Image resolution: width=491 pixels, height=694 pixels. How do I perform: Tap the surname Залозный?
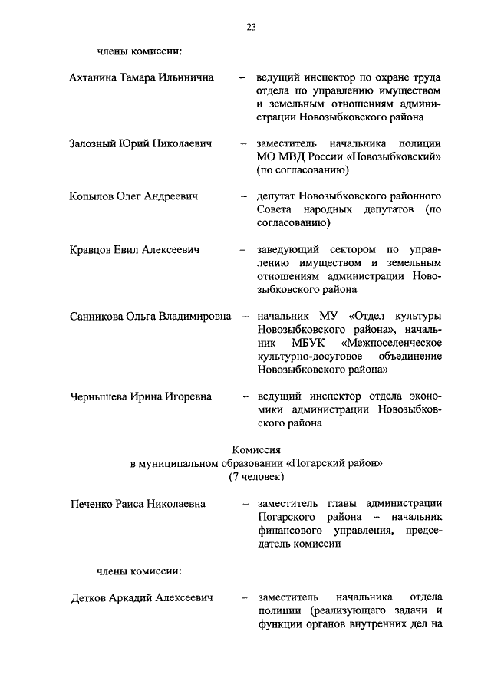(94, 144)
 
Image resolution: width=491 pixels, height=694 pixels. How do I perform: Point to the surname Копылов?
(92, 197)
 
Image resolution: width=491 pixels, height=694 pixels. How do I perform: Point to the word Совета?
(275, 210)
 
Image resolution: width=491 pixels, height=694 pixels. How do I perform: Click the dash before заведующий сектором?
(242, 250)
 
